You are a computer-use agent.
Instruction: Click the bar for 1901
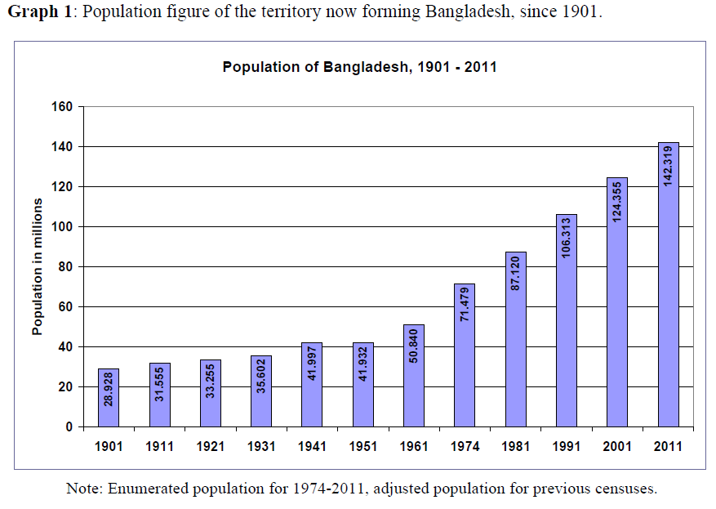coord(109,398)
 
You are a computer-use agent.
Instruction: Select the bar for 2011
coord(668,284)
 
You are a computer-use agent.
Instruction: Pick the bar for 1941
coord(312,385)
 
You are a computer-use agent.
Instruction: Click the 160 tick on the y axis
coord(64,107)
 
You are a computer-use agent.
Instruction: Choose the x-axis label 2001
coord(616,447)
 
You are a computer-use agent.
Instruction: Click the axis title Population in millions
coord(37,266)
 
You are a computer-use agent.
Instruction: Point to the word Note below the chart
coord(82,489)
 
